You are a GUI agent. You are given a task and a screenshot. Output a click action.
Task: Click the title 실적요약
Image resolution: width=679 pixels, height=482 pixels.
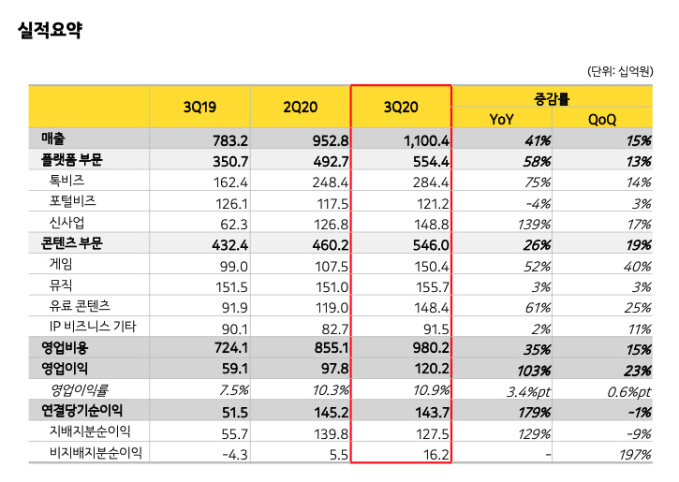click(50, 30)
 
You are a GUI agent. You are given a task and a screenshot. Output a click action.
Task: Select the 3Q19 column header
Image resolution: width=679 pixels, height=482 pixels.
click(199, 108)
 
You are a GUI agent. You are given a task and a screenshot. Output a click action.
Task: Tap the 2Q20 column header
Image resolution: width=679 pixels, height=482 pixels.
click(300, 108)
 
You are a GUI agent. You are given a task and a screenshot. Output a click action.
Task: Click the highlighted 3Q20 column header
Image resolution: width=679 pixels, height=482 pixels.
click(401, 108)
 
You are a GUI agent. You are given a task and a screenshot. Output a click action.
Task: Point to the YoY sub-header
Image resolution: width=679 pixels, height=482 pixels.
click(501, 118)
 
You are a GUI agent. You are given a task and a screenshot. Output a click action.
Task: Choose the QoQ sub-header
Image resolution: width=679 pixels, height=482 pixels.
click(601, 118)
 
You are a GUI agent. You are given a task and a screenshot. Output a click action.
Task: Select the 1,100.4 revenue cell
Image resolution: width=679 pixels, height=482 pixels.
click(427, 140)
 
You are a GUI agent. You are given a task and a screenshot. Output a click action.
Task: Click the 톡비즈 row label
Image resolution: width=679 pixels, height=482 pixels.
click(66, 182)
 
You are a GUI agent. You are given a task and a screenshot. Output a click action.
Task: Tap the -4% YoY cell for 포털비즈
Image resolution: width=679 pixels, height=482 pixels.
click(537, 202)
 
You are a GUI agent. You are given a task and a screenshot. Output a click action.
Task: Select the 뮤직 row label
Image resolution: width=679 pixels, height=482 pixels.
click(60, 285)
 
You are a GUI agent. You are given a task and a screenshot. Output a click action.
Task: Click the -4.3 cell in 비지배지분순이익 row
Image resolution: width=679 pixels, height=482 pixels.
click(230, 454)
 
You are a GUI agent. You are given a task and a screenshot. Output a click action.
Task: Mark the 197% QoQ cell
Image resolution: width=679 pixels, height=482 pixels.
click(634, 454)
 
